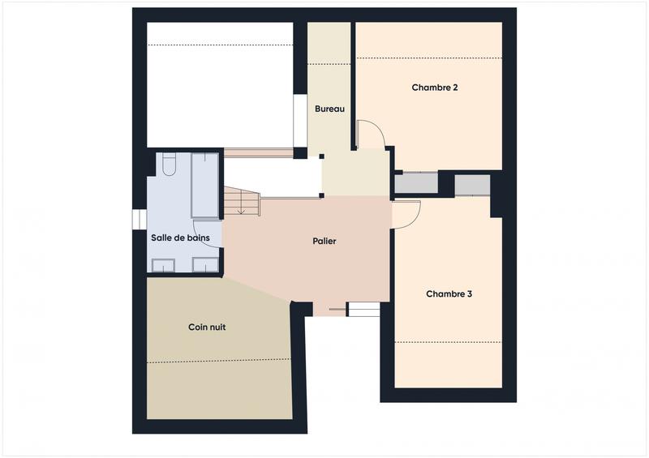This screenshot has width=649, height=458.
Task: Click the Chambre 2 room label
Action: pyautogui.click(x=435, y=88)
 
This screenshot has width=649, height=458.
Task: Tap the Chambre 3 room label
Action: pyautogui.click(x=449, y=294)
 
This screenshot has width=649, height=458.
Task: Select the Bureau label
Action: pyautogui.click(x=329, y=109)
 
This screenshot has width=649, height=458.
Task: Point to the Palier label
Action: pyautogui.click(x=324, y=241)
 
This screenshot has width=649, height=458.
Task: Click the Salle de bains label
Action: pyautogui.click(x=180, y=238)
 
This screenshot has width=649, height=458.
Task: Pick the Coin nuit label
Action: pyautogui.click(x=207, y=327)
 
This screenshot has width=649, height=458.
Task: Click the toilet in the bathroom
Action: pyautogui.click(x=169, y=166)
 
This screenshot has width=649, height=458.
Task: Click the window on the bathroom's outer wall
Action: pyautogui.click(x=137, y=220)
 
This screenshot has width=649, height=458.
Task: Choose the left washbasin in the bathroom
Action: pyautogui.click(x=165, y=264)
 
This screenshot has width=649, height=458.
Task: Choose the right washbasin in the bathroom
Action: pyautogui.click(x=205, y=264)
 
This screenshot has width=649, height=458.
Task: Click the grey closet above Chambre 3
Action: pyautogui.click(x=471, y=185)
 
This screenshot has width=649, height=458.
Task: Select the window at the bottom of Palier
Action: pyautogui.click(x=363, y=309)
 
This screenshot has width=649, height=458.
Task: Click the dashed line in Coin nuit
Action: pyautogui.click(x=218, y=360)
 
